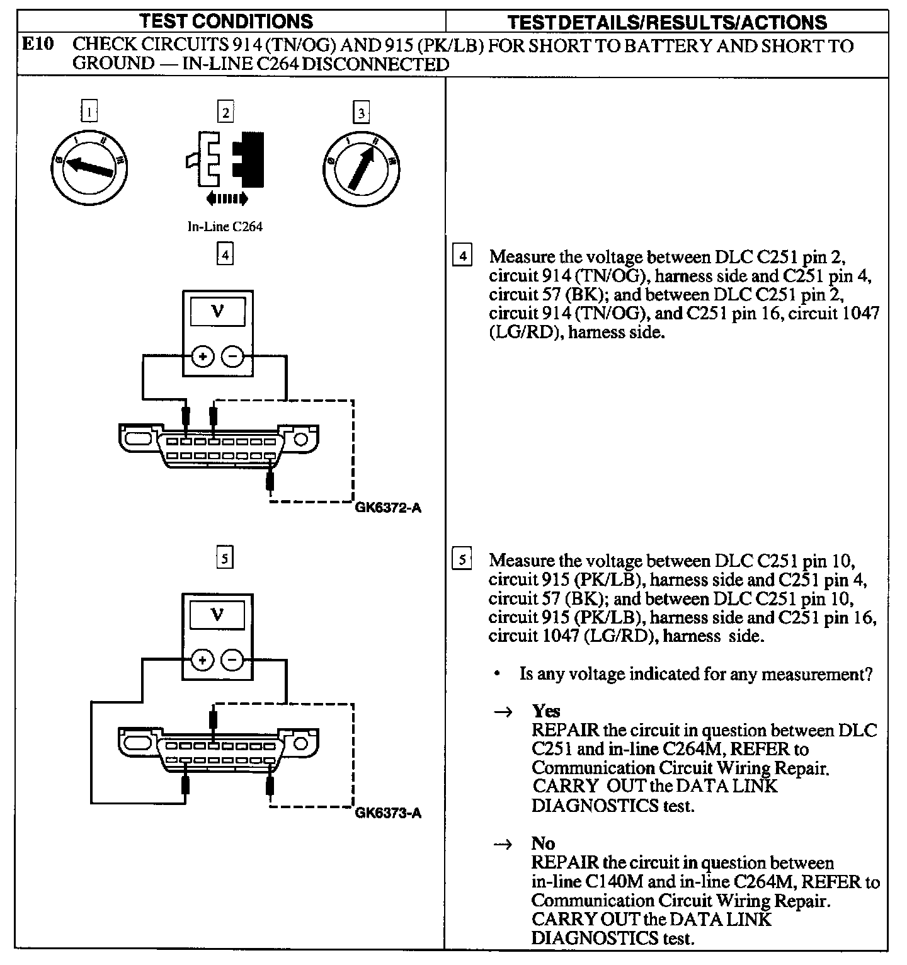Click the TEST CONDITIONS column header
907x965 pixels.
pos(226,21)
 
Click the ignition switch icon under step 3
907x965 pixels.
pos(361,168)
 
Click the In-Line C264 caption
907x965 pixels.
pos(225,227)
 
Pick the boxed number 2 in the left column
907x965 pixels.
pos(225,113)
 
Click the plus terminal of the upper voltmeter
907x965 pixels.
pos(203,357)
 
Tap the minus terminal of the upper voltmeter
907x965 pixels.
pos(233,357)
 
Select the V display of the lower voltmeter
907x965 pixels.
pos(218,615)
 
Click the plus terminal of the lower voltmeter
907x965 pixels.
pos(203,660)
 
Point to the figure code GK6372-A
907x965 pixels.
pos(387,508)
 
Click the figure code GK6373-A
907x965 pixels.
pos(388,813)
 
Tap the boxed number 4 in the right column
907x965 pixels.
pos(463,256)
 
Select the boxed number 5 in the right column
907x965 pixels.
pos(463,559)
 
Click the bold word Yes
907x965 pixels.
pos(545,711)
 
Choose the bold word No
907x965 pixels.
pos(543,843)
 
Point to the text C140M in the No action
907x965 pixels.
pos(604,882)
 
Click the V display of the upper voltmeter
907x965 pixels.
pos(218,311)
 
